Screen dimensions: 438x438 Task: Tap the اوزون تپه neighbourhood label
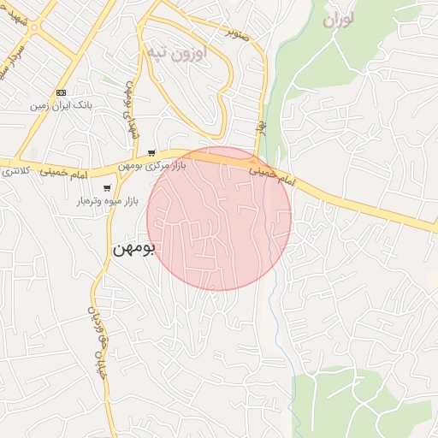coord(178,52)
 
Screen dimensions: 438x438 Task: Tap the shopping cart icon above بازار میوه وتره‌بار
coord(106,187)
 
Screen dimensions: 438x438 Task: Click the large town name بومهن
coord(134,248)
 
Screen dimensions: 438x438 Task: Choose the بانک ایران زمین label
coord(62,106)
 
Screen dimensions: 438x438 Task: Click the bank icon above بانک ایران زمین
coord(61,92)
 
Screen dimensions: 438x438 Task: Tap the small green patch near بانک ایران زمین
coord(106,80)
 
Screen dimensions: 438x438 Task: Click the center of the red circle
coord(219,218)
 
